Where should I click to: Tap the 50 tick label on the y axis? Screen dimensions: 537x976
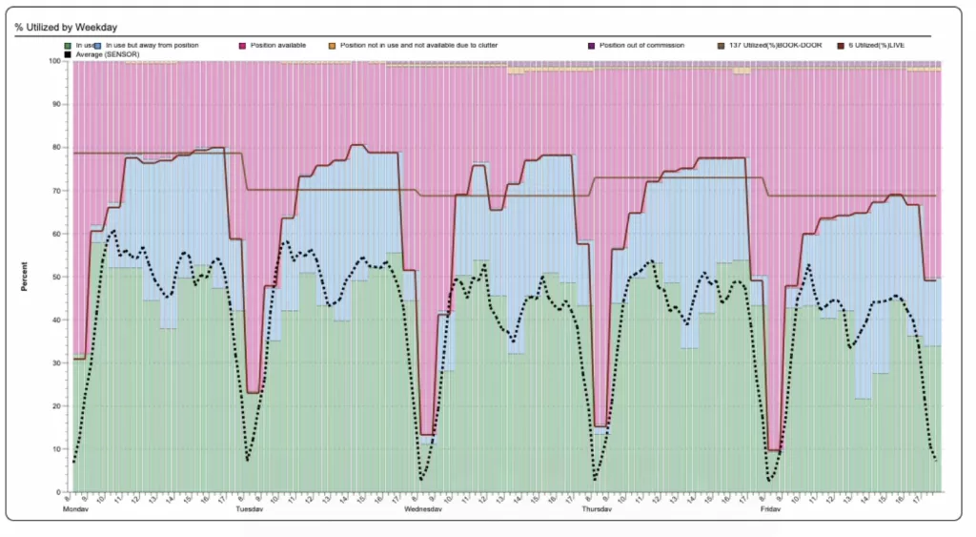(x=57, y=277)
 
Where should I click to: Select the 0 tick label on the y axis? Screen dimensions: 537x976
(x=59, y=492)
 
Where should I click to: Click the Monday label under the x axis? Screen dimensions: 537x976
(x=75, y=510)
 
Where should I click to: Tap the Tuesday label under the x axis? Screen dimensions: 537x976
(x=249, y=510)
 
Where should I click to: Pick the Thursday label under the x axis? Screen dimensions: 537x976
(x=598, y=510)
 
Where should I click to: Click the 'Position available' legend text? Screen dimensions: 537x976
(x=276, y=45)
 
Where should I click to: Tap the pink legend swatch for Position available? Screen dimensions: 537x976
(x=243, y=45)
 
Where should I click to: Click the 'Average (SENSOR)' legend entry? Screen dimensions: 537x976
(x=106, y=53)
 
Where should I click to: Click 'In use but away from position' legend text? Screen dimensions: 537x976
(x=152, y=45)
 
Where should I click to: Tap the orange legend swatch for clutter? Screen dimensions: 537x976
(x=332, y=45)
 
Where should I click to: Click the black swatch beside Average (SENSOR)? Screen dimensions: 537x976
(x=68, y=53)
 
